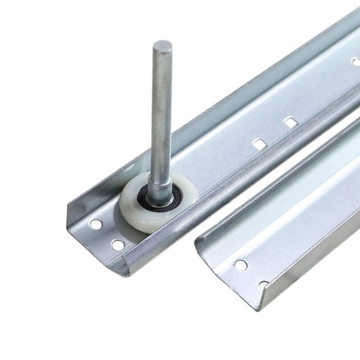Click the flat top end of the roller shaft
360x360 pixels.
point(162,46)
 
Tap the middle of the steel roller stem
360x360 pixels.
point(160,112)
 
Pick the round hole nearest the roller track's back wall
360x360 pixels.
point(95,223)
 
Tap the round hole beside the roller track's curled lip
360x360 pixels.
point(118,244)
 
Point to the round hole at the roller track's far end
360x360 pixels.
point(355,61)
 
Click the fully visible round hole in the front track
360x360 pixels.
point(240,264)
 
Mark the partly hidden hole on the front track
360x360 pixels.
point(264,284)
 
